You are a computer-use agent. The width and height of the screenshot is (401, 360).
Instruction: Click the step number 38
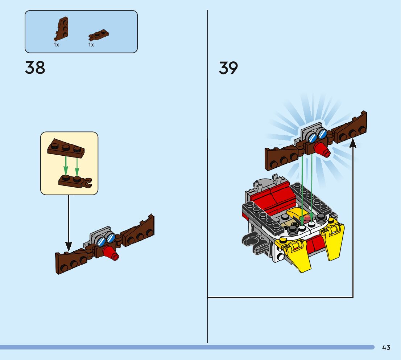coord(35,68)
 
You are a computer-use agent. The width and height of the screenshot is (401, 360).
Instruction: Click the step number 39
coord(228,68)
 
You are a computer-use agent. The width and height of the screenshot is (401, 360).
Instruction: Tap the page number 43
coord(386,348)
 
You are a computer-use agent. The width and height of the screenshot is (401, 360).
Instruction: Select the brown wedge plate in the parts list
coord(62,29)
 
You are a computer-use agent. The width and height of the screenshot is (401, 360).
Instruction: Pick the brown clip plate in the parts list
coord(98,35)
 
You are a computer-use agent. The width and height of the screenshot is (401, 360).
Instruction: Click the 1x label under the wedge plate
coord(56,45)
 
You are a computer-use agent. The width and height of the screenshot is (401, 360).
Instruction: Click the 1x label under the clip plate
coord(91,45)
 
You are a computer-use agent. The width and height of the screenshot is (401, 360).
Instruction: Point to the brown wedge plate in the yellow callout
coord(66,147)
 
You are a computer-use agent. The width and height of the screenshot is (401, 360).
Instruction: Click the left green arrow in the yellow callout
coord(66,165)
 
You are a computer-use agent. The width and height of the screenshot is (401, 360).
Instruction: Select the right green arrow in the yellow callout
coord(77,165)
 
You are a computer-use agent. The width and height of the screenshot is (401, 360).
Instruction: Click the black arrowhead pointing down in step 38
coord(68,246)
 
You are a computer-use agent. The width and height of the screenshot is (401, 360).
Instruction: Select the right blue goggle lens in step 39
coord(322,134)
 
